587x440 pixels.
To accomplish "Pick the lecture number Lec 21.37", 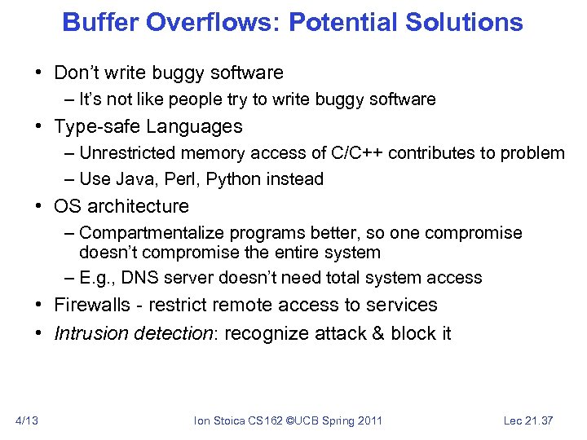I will click(528, 420).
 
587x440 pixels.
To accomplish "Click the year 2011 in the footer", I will click(368, 420).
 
